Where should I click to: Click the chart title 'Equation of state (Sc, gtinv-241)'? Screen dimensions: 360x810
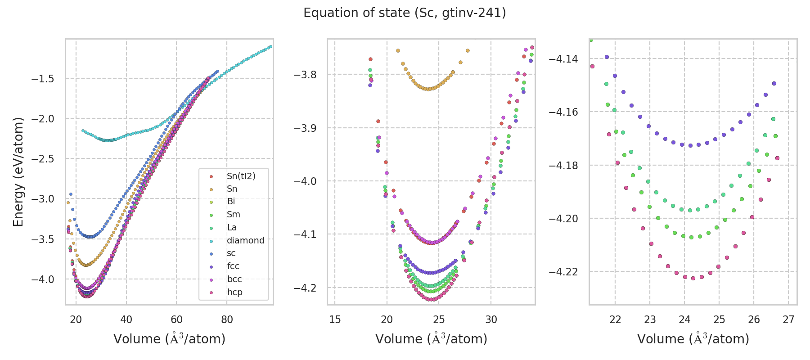(405, 13)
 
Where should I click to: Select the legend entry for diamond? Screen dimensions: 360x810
(245, 240)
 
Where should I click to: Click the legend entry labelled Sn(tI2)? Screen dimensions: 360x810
(241, 176)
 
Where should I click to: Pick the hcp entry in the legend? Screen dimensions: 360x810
(234, 292)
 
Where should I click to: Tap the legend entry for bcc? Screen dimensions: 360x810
(234, 279)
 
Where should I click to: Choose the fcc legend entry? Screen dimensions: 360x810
(233, 266)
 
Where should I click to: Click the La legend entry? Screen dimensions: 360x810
(232, 227)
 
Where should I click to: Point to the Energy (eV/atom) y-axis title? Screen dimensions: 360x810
(18, 171)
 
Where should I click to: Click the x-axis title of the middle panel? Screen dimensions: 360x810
(431, 339)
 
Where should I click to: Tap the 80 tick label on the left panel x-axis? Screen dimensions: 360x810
(227, 319)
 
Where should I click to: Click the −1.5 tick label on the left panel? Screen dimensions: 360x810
(43, 79)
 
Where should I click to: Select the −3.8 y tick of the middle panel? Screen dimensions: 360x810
(305, 75)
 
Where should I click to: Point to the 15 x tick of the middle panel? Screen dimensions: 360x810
(335, 319)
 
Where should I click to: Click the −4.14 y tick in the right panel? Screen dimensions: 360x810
(563, 59)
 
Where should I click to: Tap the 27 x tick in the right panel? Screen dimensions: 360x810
(788, 319)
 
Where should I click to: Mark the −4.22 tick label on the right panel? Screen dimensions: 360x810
(563, 272)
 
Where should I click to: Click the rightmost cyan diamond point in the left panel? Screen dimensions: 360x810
(270, 46)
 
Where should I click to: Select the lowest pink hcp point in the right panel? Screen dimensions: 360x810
(693, 278)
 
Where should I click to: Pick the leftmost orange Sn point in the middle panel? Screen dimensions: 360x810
(398, 51)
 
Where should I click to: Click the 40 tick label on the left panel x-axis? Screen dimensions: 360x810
(126, 319)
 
